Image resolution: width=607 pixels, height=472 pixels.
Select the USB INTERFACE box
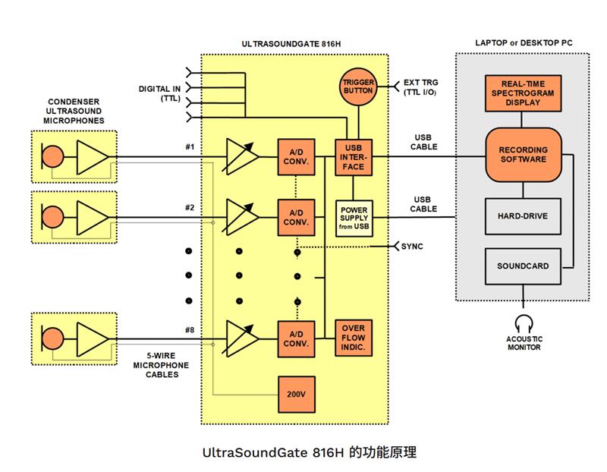(x=354, y=158)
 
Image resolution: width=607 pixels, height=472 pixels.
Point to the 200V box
(x=297, y=394)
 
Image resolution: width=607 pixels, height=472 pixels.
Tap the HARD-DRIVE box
(x=522, y=216)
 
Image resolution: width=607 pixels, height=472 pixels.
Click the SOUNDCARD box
(x=522, y=266)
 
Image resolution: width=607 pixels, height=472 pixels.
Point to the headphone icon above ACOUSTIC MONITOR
(x=523, y=322)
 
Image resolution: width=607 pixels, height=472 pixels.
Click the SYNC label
(x=412, y=247)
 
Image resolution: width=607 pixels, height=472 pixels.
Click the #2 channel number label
(x=190, y=207)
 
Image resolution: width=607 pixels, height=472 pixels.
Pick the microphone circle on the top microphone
(x=52, y=158)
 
